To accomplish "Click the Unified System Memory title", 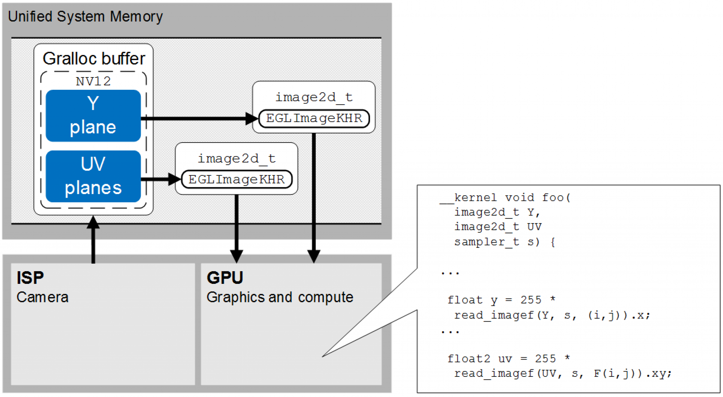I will (x=85, y=17).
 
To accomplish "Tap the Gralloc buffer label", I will (x=94, y=59).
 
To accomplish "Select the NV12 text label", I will (x=93, y=81).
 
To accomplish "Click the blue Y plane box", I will (x=93, y=115).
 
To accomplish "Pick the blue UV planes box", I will (x=93, y=176).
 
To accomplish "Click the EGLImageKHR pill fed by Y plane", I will (x=314, y=118).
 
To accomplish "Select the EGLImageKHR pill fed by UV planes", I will (x=237, y=179).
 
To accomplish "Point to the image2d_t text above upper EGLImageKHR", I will (x=314, y=97).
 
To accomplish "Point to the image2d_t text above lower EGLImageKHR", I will (x=237, y=158).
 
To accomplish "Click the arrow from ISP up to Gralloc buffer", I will (x=93, y=240).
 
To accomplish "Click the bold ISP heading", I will (x=30, y=278).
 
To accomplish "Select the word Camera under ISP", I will (x=42, y=297).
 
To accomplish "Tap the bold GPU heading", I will (x=225, y=278).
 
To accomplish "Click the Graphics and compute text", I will (x=280, y=297).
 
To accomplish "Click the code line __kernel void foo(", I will (x=505, y=197).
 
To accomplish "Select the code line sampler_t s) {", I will (x=504, y=242).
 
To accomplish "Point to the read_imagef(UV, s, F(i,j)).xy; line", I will (x=563, y=373).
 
